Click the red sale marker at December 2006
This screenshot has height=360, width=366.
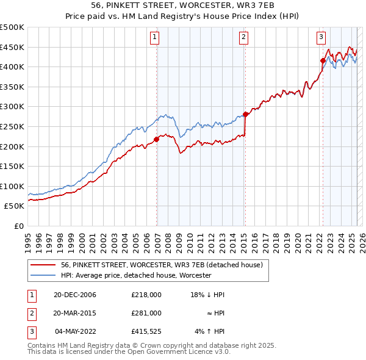pyautogui.click(x=157, y=139)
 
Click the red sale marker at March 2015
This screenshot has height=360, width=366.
pyautogui.click(x=245, y=114)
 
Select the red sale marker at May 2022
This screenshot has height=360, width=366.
pyautogui.click(x=323, y=60)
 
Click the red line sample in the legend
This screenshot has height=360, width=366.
pyautogui.click(x=43, y=265)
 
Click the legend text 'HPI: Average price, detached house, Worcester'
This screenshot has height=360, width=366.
pyautogui.click(x=135, y=275)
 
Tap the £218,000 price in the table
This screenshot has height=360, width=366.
pyautogui.click(x=146, y=295)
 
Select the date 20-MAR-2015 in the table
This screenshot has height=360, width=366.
pyautogui.click(x=74, y=313)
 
